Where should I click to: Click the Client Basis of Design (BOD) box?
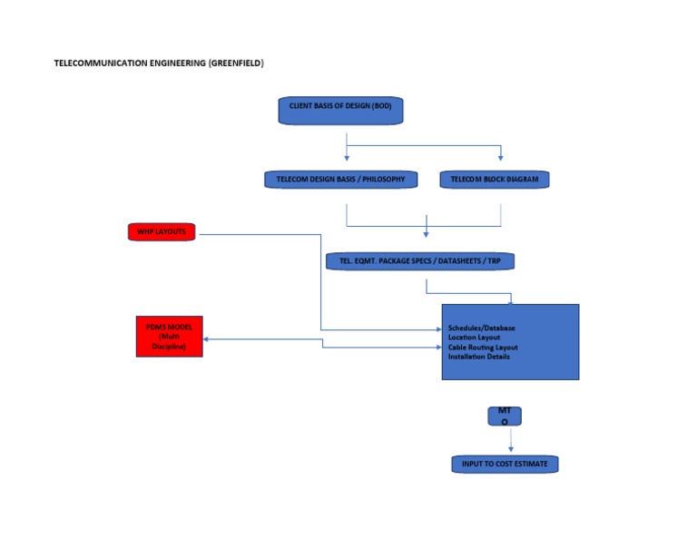[x=340, y=111]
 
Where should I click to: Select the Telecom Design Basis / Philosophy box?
[x=341, y=180]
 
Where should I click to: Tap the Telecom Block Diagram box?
[x=495, y=180]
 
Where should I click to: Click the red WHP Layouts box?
[x=162, y=232]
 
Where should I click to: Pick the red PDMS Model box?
[x=170, y=337]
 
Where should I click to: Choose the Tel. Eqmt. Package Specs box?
[x=420, y=261]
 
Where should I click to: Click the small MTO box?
[x=505, y=416]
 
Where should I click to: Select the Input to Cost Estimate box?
[x=505, y=465]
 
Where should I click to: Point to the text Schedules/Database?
[x=481, y=328]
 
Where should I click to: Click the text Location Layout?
[x=474, y=338]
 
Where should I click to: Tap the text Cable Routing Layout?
[x=483, y=347]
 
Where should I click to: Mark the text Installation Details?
[x=479, y=357]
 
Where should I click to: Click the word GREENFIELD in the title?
[x=236, y=64]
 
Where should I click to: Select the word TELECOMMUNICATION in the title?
[x=101, y=64]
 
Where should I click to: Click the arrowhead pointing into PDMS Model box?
[x=206, y=339]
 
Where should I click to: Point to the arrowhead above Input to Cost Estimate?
[x=511, y=449]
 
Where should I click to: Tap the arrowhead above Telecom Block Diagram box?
[x=501, y=158]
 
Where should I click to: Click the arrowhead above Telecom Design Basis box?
[x=347, y=158]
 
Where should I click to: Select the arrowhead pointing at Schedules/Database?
[x=439, y=329]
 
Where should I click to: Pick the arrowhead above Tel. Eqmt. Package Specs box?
[x=426, y=234]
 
